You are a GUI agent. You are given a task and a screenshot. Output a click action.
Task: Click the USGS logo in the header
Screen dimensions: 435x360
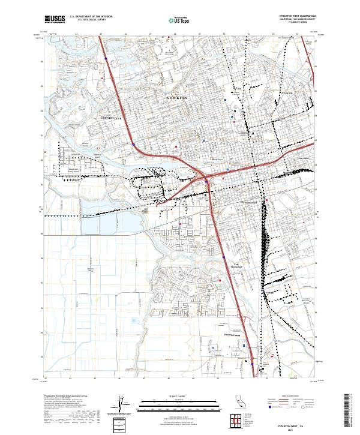click(55, 19)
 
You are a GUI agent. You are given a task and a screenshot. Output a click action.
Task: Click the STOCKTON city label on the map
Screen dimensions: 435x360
click(176, 97)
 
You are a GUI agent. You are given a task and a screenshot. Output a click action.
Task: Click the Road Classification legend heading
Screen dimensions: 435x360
click(289, 396)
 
